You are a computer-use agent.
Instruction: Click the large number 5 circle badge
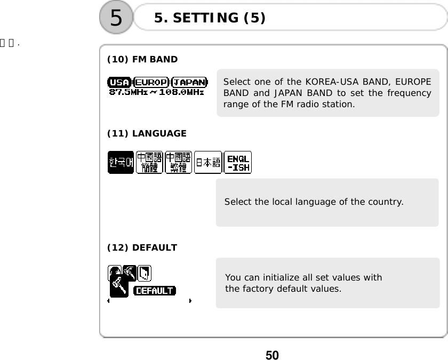pyautogui.click(x=116, y=19)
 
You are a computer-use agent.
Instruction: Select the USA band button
pyautogui.click(x=119, y=82)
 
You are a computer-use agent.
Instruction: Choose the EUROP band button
pyautogui.click(x=152, y=82)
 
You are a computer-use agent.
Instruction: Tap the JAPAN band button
pyautogui.click(x=190, y=82)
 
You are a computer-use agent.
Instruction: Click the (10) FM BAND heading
pyautogui.click(x=142, y=59)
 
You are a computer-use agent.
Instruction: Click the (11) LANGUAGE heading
pyautogui.click(x=147, y=133)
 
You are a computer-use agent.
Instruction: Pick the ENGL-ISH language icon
pyautogui.click(x=238, y=162)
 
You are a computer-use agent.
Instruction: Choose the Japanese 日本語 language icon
pyautogui.click(x=208, y=162)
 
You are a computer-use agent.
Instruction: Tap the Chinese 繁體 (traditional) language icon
pyautogui.click(x=178, y=162)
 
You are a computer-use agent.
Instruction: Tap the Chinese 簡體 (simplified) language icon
pyautogui.click(x=149, y=162)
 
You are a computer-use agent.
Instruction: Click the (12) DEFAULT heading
pyautogui.click(x=142, y=247)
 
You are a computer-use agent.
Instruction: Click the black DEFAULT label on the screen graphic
pyautogui.click(x=154, y=291)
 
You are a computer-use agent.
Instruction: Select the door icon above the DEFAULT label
pyautogui.click(x=145, y=273)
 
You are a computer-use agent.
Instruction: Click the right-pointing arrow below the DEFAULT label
pyautogui.click(x=190, y=301)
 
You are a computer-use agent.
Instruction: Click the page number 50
pyautogui.click(x=272, y=355)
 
